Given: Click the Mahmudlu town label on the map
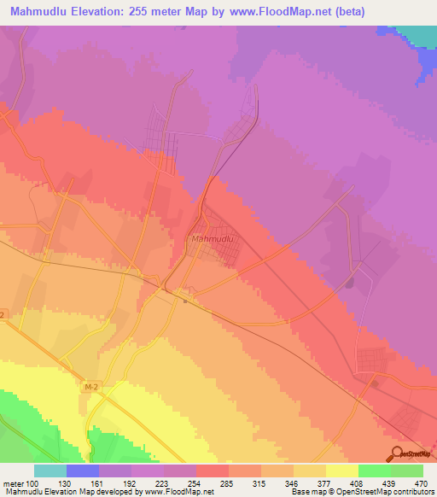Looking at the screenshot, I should [213, 239].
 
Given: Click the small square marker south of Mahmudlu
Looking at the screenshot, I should [185, 300].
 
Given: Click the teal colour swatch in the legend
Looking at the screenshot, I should [50, 471].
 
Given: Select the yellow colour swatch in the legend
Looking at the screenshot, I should [342, 471].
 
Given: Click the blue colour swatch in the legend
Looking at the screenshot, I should [82, 471].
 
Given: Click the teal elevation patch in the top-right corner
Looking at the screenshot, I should [418, 35].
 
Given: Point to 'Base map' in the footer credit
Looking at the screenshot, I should [306, 493].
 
